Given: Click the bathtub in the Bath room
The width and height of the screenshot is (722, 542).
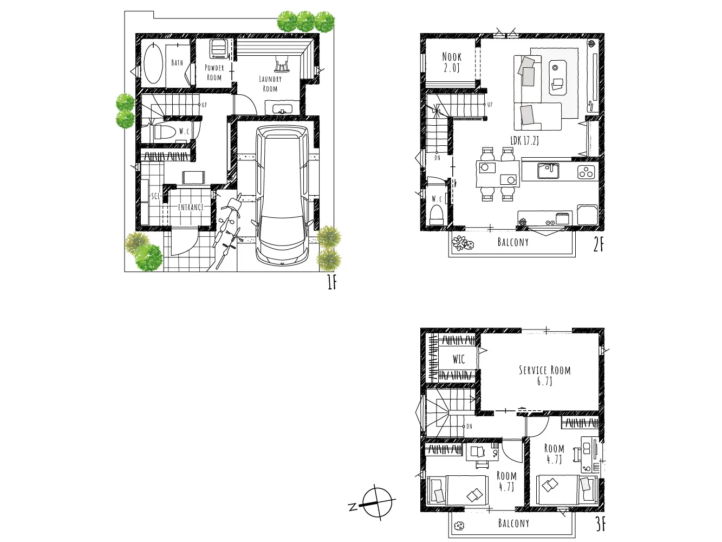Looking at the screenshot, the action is click(x=153, y=63).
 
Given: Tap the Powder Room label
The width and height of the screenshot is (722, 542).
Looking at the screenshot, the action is click(x=214, y=73).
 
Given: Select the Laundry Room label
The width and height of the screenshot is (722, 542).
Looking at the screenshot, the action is click(x=270, y=84).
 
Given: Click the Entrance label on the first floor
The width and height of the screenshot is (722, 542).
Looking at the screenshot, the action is click(x=191, y=208).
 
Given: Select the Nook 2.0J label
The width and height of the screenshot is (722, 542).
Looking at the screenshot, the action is click(x=452, y=62).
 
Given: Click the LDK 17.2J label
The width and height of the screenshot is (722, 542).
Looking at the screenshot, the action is click(x=524, y=141).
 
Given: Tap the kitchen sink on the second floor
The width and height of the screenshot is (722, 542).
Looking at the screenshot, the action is click(x=548, y=171).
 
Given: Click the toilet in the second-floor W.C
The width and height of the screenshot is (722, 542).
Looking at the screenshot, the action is click(x=437, y=215).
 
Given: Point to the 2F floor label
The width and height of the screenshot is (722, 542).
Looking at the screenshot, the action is click(x=599, y=245).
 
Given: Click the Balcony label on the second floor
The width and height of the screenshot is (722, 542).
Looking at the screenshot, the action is click(x=513, y=242).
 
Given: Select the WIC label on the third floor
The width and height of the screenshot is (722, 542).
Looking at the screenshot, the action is click(x=459, y=359).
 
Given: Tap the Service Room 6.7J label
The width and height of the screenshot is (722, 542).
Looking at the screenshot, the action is click(x=545, y=376).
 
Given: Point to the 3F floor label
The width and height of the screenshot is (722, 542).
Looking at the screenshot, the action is click(x=600, y=525).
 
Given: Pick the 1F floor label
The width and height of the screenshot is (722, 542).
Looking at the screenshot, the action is click(x=332, y=283).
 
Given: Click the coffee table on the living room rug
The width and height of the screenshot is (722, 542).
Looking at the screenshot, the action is click(x=557, y=78).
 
